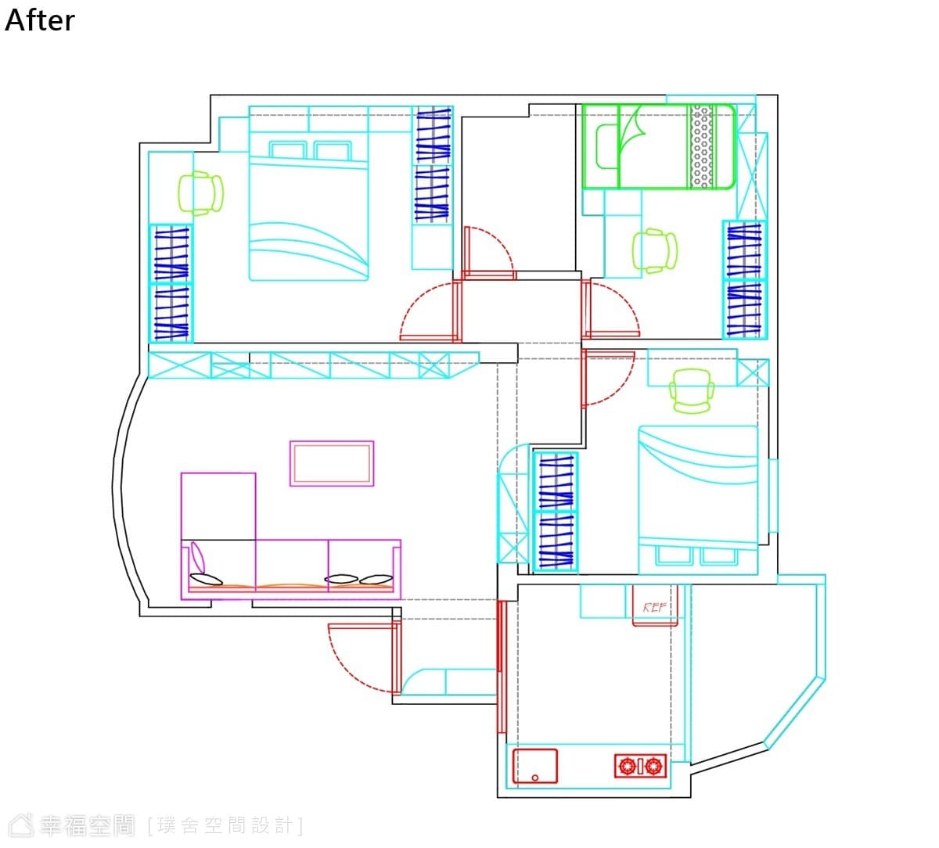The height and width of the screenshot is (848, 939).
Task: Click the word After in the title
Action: pos(40,20)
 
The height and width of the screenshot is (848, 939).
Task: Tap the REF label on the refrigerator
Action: pos(654,607)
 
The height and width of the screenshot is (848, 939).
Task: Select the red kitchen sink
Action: pos(535,766)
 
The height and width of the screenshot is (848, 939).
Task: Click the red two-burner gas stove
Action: pos(640,766)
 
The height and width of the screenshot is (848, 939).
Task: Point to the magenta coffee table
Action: pos(332,463)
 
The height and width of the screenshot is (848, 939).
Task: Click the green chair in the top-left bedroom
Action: pos(201,193)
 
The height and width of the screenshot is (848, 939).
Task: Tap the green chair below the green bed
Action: pos(654,251)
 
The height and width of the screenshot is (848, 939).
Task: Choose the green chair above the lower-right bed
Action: pos(692,391)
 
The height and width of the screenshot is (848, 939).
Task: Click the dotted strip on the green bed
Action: pos(701,146)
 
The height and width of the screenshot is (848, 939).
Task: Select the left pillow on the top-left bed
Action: pos(288,149)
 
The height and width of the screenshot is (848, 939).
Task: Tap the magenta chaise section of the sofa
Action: pos(218,506)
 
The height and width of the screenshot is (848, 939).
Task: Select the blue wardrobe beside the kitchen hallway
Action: pos(556,512)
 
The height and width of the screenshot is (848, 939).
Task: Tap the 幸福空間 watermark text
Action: pos(87,825)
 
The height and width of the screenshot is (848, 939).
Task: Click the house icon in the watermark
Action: pos(22,825)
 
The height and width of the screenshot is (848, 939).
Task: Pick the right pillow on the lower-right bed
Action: pos(718,556)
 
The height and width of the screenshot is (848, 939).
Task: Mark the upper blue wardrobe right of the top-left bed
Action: pos(433,135)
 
